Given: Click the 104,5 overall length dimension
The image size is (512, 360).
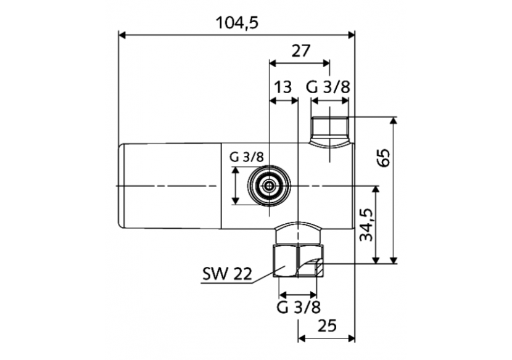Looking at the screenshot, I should click(x=237, y=22).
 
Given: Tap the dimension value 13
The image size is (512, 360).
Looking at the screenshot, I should click(x=283, y=88).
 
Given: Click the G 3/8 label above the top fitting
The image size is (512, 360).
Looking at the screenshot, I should click(x=329, y=88).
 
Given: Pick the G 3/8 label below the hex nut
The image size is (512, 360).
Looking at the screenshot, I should click(x=299, y=306).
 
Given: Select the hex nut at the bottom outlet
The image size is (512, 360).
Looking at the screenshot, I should click(x=298, y=261).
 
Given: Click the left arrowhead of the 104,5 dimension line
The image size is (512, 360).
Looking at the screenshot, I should click(x=122, y=35).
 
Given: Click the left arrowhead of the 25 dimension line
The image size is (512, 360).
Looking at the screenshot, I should click(x=302, y=338).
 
